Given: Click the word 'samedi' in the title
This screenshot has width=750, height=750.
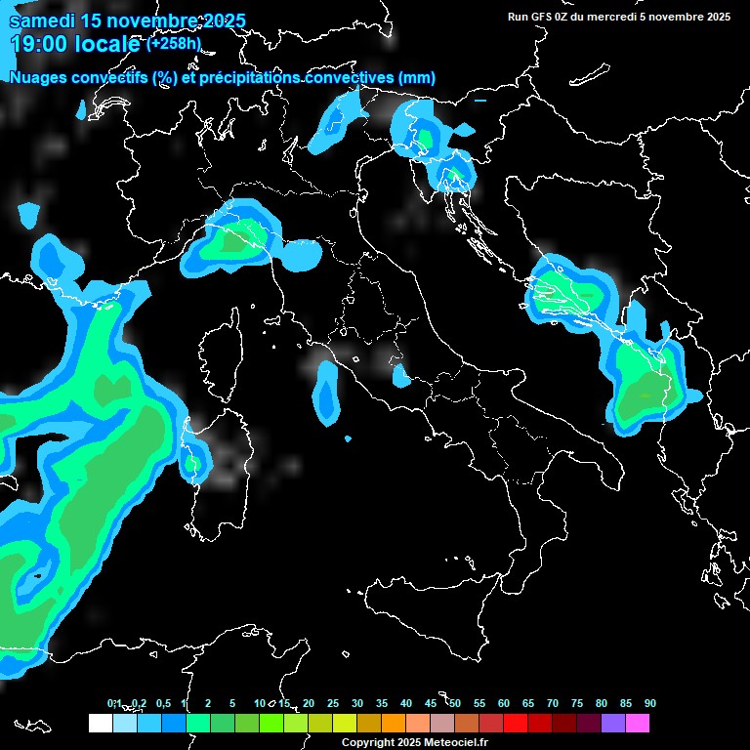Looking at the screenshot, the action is pos(38,21).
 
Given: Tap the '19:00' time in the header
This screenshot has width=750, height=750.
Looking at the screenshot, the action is pos(40,44).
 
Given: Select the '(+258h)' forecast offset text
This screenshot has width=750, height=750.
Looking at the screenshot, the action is pos(174,44).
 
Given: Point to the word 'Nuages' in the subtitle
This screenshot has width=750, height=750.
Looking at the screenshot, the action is pos(39,78).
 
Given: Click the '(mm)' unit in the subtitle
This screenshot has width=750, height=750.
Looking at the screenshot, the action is pos(417,78).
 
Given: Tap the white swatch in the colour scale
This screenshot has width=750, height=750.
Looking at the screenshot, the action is pos(100,724).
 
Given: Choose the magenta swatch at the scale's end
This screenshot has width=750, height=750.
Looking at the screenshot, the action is pos(638,724).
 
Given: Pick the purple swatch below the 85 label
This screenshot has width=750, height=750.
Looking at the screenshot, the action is pos(613,724).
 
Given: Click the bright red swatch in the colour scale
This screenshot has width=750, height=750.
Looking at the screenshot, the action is pos(516,724).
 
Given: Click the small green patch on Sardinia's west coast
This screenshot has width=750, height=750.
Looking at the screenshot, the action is pos(192,462).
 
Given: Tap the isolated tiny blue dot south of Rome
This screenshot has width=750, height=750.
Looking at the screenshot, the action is pos(349,438).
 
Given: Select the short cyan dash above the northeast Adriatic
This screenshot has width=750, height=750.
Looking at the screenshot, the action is pos(479,100).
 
